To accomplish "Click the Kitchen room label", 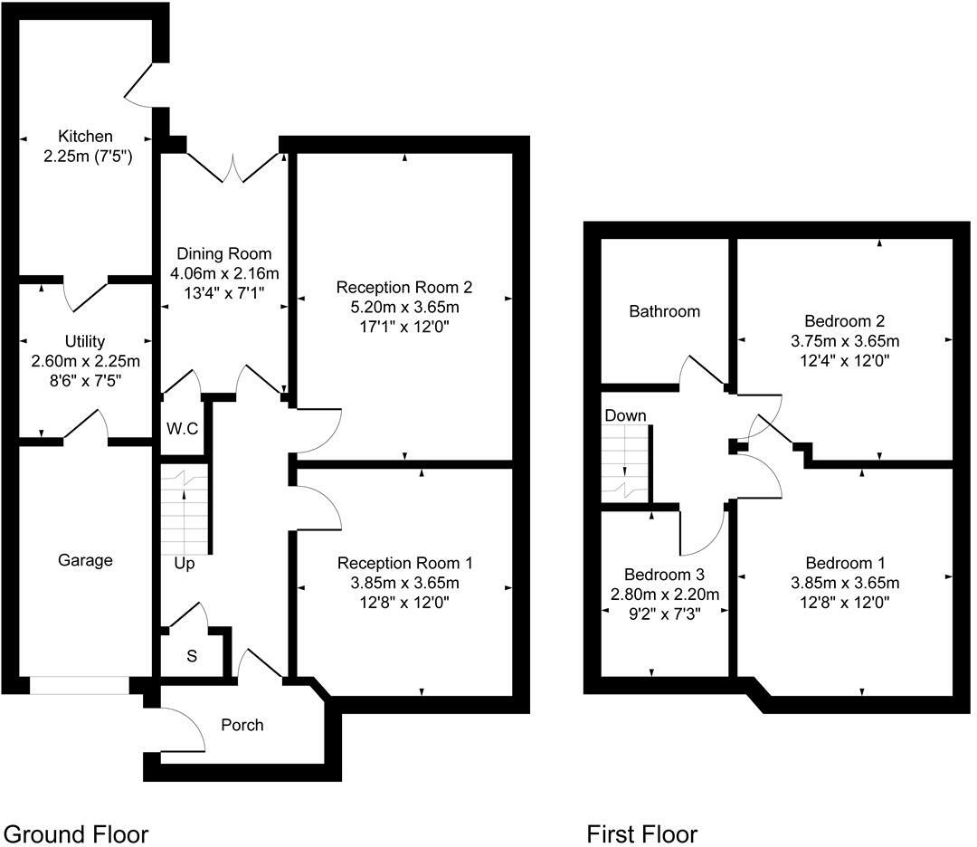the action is (x=86, y=137).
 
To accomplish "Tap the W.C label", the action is (x=182, y=428).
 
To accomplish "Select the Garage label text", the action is (x=86, y=560).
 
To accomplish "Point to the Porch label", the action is (x=242, y=725).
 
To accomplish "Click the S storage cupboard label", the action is (x=192, y=656).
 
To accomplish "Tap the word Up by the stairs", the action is (x=185, y=564).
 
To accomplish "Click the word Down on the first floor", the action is (x=625, y=415).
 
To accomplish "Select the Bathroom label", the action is (x=665, y=311).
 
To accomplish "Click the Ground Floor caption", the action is (x=76, y=833).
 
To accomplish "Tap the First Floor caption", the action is (x=642, y=833).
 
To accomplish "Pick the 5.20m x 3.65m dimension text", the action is (x=404, y=307).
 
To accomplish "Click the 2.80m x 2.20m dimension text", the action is (x=664, y=595).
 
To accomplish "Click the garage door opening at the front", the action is (x=80, y=686).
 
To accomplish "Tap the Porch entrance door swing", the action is (x=181, y=728).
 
